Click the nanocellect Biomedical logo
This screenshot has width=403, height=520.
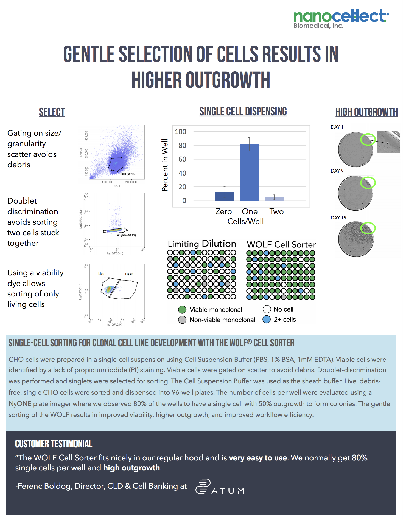(x=341, y=19)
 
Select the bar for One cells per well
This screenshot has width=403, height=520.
(x=249, y=173)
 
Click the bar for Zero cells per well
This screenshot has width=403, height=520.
(x=225, y=196)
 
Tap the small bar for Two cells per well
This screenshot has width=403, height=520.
(x=274, y=199)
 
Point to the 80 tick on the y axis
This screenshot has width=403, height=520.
(x=182, y=146)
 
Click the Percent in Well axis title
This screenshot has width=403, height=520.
(x=165, y=165)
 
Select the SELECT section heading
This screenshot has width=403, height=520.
(x=52, y=112)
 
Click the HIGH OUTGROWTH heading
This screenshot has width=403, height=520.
(x=366, y=112)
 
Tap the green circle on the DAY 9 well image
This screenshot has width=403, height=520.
(x=368, y=183)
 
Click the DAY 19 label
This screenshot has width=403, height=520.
(x=338, y=218)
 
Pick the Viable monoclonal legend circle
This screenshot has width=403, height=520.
(x=182, y=310)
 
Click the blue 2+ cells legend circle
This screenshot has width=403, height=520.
(x=267, y=320)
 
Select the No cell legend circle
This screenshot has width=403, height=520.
(x=267, y=309)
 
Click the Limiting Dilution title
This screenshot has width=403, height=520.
(x=202, y=244)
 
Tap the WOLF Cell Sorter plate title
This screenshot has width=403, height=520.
(x=281, y=244)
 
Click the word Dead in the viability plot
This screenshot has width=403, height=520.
(x=129, y=274)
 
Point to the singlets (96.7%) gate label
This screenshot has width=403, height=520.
(x=126, y=235)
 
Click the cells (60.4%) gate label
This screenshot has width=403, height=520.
(x=128, y=174)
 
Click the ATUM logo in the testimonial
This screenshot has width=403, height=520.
(x=220, y=487)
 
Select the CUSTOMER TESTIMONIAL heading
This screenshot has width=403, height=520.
(x=54, y=444)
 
